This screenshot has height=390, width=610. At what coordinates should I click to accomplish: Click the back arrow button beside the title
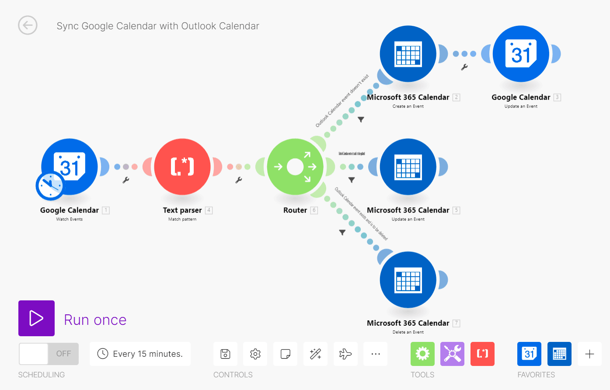click(28, 25)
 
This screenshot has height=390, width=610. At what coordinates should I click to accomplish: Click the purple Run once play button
click(36, 318)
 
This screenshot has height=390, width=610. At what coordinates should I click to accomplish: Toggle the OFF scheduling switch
click(49, 354)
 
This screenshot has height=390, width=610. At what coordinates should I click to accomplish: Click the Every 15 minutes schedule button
click(140, 354)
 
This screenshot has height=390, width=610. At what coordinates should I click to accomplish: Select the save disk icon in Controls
click(225, 354)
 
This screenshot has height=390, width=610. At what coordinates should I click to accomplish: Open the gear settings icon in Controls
click(255, 354)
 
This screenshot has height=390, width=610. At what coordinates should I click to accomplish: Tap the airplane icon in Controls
click(345, 354)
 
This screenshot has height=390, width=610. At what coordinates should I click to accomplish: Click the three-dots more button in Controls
click(376, 354)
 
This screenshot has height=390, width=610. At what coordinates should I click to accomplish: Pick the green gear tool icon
click(422, 354)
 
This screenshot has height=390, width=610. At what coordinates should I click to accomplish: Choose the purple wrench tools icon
click(452, 354)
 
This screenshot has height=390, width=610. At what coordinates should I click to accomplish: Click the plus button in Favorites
click(589, 354)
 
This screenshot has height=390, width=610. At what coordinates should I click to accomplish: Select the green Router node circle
click(295, 167)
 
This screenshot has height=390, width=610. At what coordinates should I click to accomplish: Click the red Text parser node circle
click(182, 167)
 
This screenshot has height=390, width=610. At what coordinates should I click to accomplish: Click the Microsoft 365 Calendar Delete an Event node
click(408, 279)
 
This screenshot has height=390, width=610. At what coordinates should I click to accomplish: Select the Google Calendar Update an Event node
click(521, 54)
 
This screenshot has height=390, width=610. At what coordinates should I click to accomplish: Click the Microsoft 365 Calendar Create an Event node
click(408, 54)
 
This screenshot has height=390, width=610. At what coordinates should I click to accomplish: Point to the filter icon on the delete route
click(342, 233)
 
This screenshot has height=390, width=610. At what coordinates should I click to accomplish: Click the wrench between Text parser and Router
click(239, 180)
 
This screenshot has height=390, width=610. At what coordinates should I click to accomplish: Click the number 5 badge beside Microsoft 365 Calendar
click(457, 210)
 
